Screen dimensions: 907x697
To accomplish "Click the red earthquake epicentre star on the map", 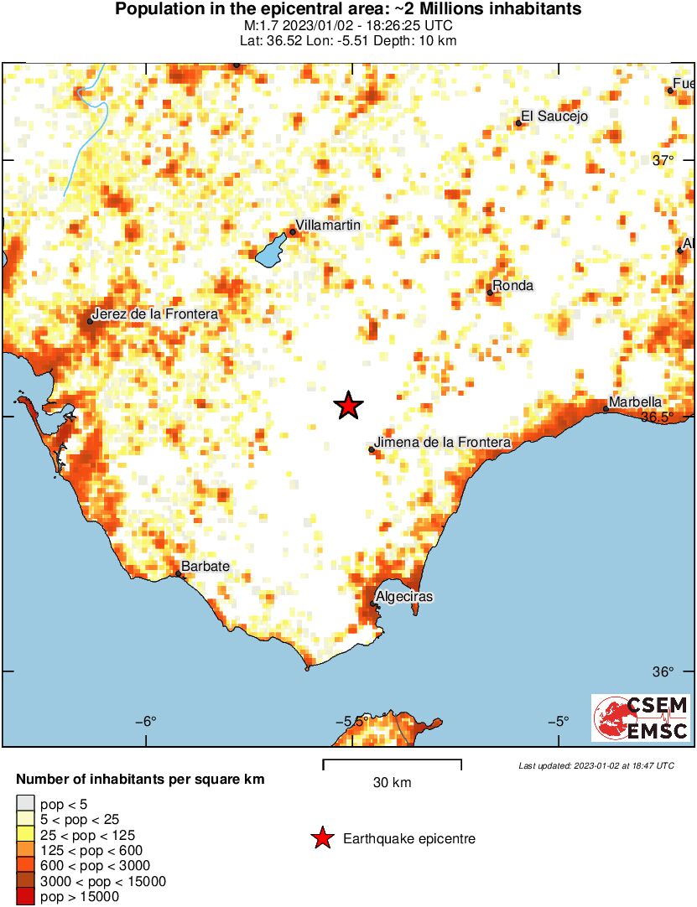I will coord(348,406).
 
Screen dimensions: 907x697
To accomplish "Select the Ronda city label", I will coord(512,286).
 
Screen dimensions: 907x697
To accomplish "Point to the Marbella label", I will coord(635,402).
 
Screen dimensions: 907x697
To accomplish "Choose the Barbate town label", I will coord(205,567).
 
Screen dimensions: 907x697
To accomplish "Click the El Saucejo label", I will coord(554,117).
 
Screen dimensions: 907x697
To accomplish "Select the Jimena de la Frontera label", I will coord(442,442).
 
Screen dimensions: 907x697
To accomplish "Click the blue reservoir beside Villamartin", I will coord(270,249).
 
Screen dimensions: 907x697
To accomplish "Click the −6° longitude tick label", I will coord(147,721).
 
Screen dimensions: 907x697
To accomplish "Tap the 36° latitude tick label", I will coord(663,672).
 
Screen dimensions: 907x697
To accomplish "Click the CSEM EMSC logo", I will coord(641,718).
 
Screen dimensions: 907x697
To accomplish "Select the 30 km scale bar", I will coord(392,762).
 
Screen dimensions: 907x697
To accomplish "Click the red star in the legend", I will coord(321,838).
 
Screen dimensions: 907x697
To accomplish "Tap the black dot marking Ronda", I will coord(490,293).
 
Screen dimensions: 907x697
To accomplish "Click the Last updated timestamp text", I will coord(596,765).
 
